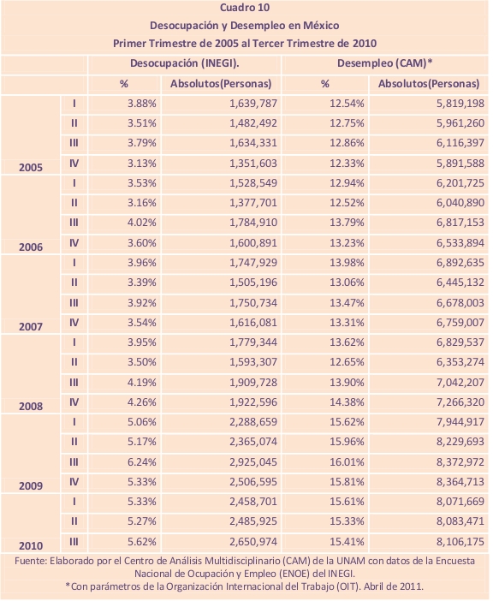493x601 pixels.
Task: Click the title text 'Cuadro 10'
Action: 245,8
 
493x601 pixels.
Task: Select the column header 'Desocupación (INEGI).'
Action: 185,63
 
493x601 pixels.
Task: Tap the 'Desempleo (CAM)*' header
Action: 384,63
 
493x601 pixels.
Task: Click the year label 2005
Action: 31,168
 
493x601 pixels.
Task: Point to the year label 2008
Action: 31,407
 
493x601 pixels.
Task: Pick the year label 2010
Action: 31,545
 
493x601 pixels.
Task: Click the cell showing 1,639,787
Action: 253,104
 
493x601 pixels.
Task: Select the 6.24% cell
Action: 142,461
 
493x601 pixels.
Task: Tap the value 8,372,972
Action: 460,461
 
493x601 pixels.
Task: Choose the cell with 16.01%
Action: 347,461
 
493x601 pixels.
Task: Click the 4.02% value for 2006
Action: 142,223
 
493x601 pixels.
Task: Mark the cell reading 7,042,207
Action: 460,382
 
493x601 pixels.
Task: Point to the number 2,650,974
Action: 253,542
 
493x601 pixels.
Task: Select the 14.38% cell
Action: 347,402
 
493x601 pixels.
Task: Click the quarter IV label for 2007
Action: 74,323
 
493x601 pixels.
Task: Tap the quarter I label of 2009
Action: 74,422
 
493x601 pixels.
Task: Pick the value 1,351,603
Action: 253,164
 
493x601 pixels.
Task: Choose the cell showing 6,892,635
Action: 460,263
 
